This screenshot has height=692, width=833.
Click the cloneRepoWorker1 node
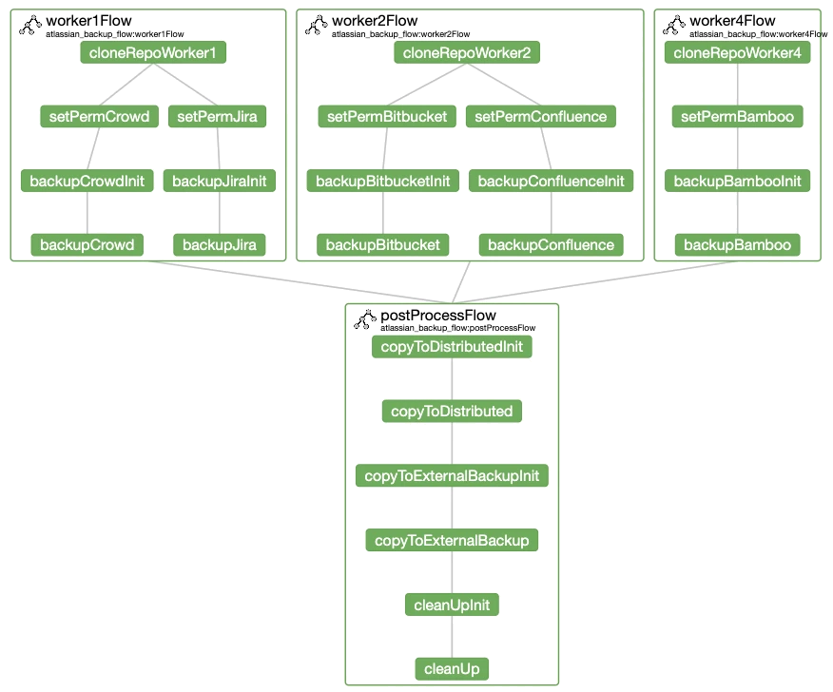coord(153,52)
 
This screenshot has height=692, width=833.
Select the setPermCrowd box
coord(99,117)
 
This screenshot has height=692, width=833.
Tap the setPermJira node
coord(217,117)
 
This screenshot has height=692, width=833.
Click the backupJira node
coord(220,245)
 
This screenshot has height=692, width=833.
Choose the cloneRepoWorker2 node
coord(467,52)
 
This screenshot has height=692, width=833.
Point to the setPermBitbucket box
coord(387,117)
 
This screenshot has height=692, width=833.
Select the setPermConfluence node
coord(540,117)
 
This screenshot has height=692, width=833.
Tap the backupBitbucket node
coord(382,245)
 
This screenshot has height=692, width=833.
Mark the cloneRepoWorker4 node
coord(737,52)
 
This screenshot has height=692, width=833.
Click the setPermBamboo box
coord(737,117)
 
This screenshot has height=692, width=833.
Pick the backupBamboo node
coord(737,245)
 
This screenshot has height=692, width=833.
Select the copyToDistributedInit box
coord(452,347)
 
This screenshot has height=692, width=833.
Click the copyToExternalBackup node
coord(452,541)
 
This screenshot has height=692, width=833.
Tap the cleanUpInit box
coord(452,605)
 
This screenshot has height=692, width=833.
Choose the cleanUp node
coord(452,669)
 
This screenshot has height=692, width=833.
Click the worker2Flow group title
coord(375,21)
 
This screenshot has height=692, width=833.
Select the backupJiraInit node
coord(219,181)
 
